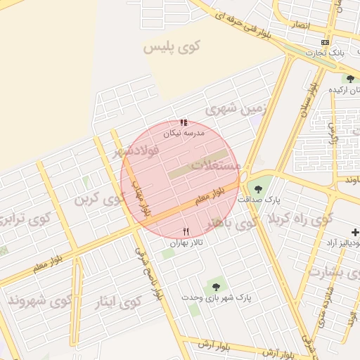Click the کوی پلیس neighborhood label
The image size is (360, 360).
(172, 48)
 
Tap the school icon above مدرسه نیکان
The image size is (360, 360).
(184, 122)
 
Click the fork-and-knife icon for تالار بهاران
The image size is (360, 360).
(186, 231)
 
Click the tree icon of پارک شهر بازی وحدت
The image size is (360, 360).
(215, 286)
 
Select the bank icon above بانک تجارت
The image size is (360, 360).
(325, 42)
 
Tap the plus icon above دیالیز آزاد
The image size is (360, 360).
(355, 232)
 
